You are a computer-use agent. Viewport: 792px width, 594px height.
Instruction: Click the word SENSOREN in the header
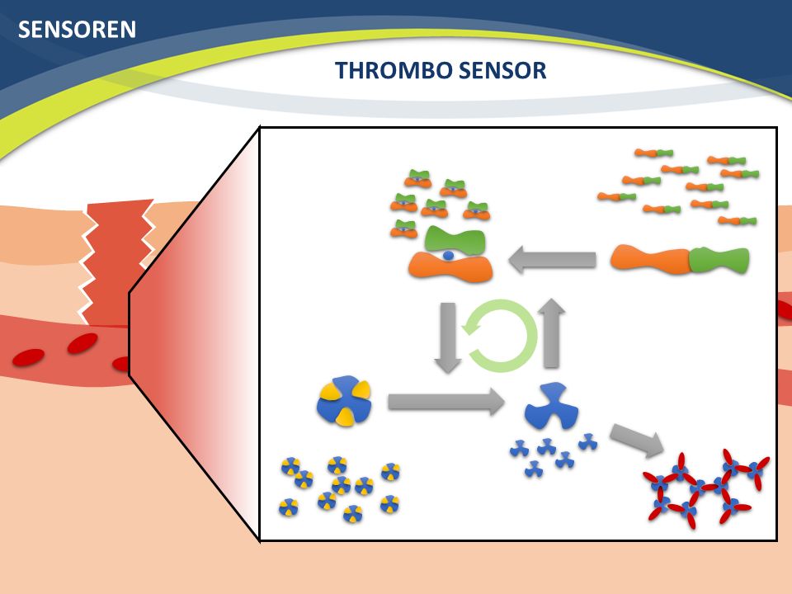77,30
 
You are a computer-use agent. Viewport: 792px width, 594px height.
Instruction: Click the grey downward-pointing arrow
447,337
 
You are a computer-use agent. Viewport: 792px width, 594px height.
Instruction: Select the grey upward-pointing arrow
553,332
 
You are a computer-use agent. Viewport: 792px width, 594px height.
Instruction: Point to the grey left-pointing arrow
552,260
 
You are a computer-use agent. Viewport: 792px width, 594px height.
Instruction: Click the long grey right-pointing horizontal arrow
446,402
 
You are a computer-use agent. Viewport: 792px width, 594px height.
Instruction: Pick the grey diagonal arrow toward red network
637,441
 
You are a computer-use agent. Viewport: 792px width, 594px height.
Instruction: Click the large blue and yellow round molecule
344,401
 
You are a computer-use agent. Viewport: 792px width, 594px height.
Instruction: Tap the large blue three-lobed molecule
551,406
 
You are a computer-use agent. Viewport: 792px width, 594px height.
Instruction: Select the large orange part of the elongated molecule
651,259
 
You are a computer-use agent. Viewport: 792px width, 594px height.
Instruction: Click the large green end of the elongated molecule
719,260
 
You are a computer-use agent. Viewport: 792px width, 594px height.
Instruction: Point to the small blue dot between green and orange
448,256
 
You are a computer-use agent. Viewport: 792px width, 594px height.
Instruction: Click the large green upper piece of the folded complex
455,241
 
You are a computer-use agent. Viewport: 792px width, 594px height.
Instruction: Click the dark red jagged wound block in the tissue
116,262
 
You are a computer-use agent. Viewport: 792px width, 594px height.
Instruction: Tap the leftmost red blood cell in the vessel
28,357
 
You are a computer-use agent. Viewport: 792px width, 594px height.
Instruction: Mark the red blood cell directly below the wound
82,343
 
